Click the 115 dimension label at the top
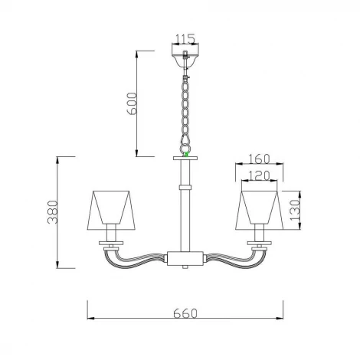tap(185, 38)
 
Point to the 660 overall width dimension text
tap(185, 313)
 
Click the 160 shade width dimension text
tap(260, 160)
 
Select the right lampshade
tap(260, 208)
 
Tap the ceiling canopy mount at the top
tap(185, 58)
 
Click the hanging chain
tap(185, 107)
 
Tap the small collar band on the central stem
tap(185, 186)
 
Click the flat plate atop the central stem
tap(185, 159)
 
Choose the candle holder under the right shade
tap(260, 233)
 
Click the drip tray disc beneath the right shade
tap(260, 244)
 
